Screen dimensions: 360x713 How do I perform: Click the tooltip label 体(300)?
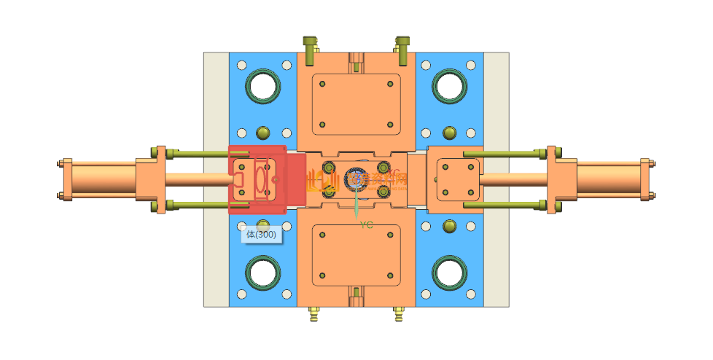(261, 235)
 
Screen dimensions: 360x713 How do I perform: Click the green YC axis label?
(366, 226)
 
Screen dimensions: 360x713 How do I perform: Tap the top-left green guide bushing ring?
(262, 86)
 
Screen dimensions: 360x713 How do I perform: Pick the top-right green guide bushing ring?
(450, 86)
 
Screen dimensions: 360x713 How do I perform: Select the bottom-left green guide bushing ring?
(262, 273)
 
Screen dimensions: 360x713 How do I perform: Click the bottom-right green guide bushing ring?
(450, 273)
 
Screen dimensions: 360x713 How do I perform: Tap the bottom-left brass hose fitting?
(314, 315)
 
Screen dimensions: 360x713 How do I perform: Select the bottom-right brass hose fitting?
(399, 315)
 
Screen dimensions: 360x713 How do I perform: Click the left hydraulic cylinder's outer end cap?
(67, 180)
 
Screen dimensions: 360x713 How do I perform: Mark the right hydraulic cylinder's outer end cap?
(645, 180)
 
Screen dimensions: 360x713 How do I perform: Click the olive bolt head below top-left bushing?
(263, 133)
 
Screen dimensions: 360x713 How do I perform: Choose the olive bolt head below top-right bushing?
(450, 133)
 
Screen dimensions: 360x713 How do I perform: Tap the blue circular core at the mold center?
(356, 179)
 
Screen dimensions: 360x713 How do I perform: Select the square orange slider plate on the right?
(454, 179)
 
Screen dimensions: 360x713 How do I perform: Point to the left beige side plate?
(216, 179)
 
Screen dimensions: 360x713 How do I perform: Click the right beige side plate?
(496, 179)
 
